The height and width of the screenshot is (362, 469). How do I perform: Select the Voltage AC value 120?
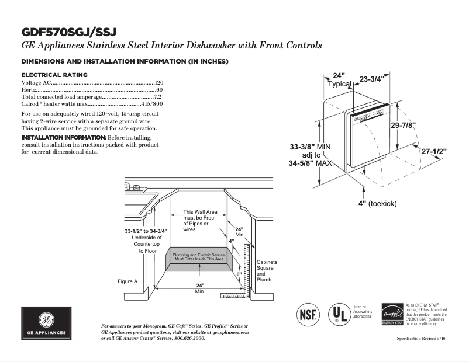(158, 83)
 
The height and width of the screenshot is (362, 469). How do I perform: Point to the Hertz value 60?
(160, 90)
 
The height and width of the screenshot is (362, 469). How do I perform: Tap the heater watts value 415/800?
(153, 104)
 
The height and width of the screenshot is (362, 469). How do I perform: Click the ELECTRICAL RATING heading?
(54, 75)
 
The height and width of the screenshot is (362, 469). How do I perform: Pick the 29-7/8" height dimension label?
(404, 126)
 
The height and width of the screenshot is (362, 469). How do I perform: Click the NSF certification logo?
(309, 313)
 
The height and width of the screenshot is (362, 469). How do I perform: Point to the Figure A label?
(127, 281)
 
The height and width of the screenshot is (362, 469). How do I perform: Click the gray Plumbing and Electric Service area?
(198, 258)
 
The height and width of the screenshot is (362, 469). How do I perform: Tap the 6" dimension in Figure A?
(239, 273)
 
